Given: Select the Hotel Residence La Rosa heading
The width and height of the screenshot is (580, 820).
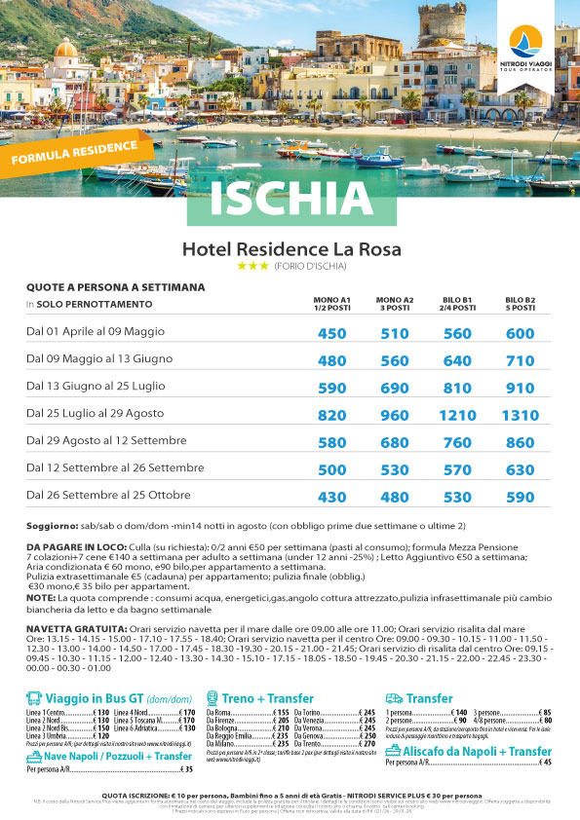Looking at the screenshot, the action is [291, 249].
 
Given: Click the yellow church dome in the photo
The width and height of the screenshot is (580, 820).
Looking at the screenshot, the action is [65, 50].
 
